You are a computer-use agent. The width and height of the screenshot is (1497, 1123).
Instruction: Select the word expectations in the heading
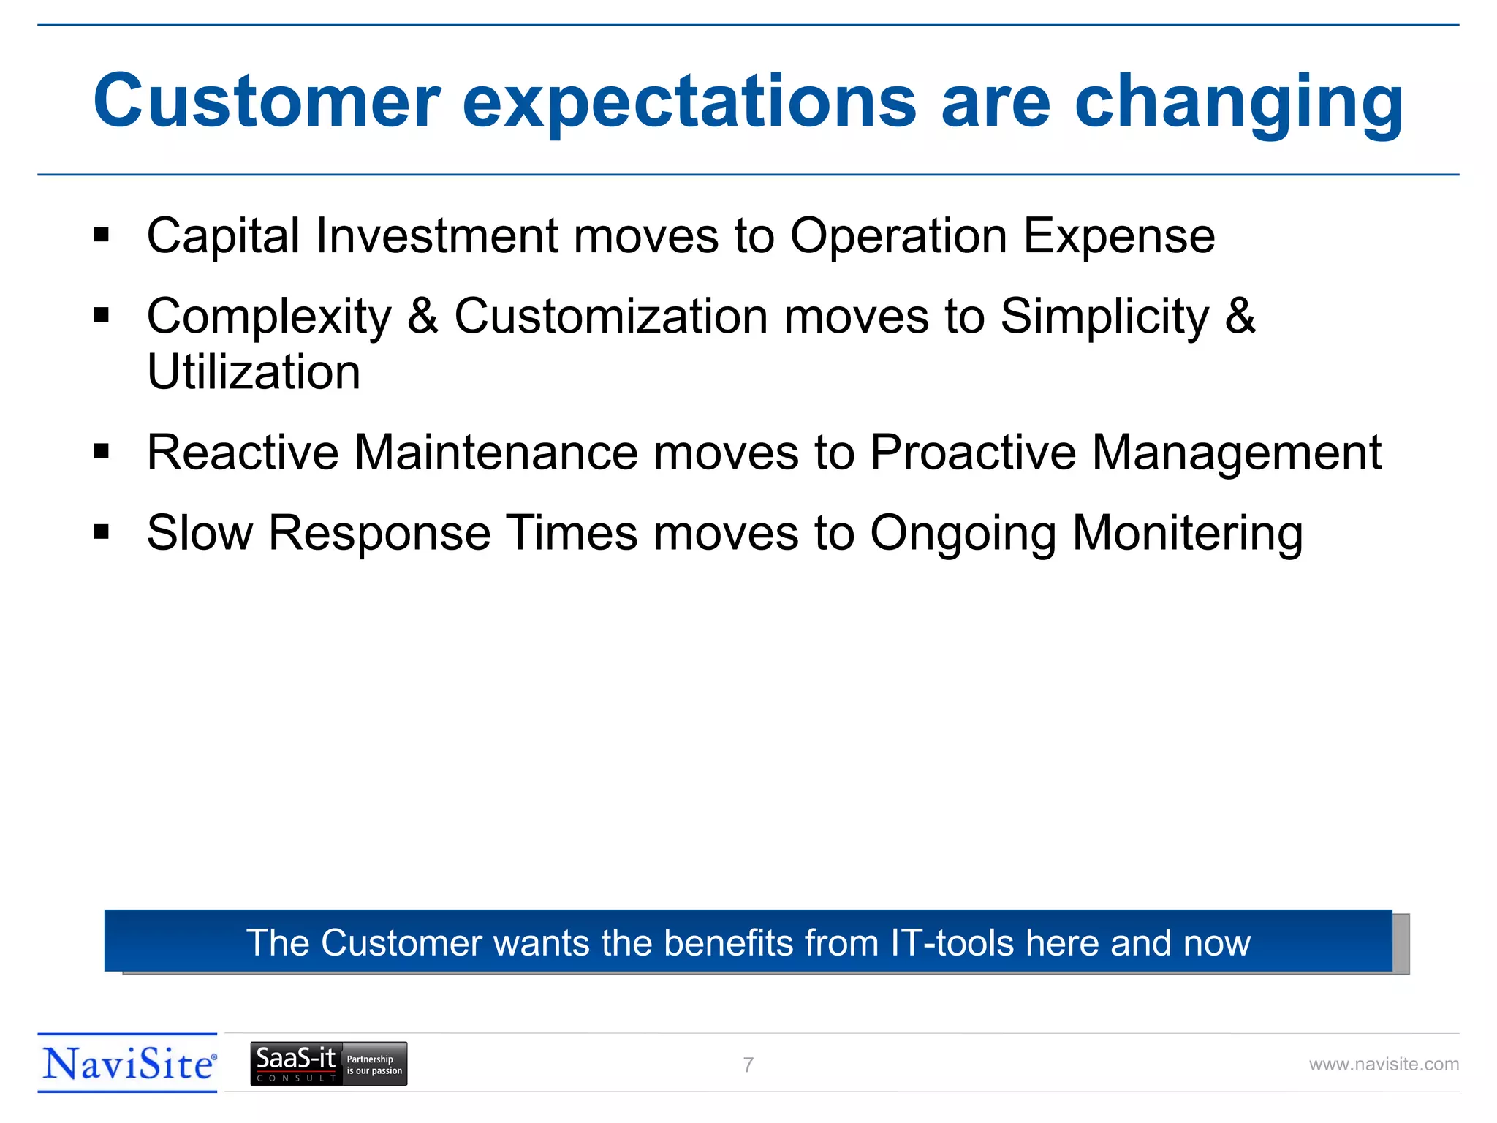689,102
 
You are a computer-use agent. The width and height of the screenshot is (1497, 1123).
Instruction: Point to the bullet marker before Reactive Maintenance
101,451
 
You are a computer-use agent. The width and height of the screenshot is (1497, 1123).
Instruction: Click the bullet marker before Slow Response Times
101,532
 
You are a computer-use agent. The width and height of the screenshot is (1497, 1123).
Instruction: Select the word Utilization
254,371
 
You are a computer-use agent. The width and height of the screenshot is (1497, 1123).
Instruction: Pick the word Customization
611,316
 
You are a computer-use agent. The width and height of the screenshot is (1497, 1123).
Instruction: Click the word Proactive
972,452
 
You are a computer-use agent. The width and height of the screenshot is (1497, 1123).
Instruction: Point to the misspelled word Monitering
1187,532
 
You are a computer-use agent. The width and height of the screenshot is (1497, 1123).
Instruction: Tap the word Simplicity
1104,316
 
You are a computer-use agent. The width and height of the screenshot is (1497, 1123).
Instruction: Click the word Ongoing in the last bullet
963,532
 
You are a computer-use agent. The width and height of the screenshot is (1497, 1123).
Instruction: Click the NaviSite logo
129,1064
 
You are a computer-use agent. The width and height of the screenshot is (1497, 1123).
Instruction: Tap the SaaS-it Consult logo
328,1064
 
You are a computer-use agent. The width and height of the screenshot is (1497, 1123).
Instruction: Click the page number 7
748,1065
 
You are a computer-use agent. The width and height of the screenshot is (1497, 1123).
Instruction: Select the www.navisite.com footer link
1383,1065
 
